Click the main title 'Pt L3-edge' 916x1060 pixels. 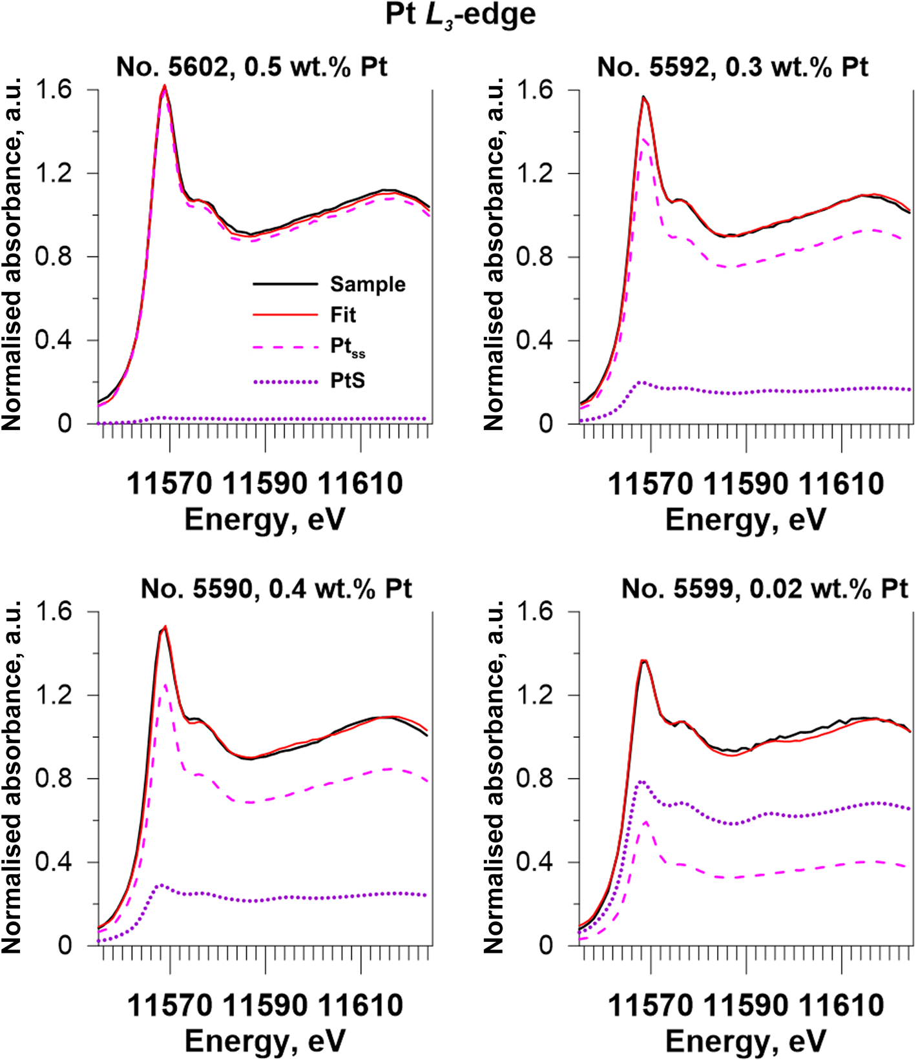click(460, 15)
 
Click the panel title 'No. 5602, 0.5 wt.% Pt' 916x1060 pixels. click(252, 66)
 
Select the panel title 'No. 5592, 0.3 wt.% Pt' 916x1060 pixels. click(733, 66)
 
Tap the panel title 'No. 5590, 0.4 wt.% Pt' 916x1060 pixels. click(276, 588)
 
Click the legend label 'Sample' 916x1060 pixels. click(368, 284)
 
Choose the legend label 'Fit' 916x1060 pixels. click(343, 315)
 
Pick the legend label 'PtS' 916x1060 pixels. click(348, 381)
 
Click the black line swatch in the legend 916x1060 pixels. click(285, 284)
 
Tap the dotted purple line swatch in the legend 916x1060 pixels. click(285, 382)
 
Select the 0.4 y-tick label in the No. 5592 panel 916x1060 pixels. click(534, 340)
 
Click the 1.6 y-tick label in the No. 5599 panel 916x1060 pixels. click(534, 611)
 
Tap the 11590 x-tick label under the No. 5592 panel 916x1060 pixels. click(746, 484)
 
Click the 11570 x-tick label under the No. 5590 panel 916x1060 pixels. click(169, 1005)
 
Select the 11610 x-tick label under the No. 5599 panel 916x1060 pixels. click(842, 1005)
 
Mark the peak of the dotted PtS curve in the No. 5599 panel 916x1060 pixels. click(641, 781)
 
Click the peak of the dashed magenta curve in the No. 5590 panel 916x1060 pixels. click(165, 686)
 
